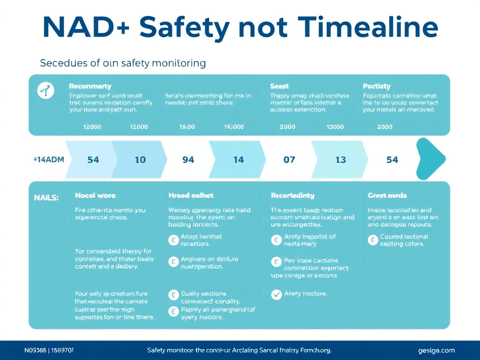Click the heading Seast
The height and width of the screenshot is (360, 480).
(x=279, y=86)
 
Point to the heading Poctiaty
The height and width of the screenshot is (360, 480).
(x=377, y=86)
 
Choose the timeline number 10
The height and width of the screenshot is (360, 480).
(x=140, y=160)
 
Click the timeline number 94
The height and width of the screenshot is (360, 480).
(x=188, y=160)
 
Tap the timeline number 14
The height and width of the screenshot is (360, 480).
(x=239, y=160)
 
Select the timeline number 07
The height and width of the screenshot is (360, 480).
(x=289, y=160)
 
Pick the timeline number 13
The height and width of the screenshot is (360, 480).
(x=341, y=160)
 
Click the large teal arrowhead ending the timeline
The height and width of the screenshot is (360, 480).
(x=430, y=159)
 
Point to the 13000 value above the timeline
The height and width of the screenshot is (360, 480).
(x=335, y=127)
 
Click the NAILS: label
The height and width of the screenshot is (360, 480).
(x=46, y=198)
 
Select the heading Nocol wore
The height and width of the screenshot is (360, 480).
(x=95, y=195)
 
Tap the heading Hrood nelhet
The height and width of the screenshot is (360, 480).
(x=191, y=195)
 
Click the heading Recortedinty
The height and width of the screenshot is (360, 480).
(x=292, y=195)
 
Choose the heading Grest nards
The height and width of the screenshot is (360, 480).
(x=387, y=195)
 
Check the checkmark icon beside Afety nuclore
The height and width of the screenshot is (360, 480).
(x=277, y=294)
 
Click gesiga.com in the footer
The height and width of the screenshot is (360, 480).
(x=436, y=350)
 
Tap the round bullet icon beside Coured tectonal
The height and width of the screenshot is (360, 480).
(x=373, y=240)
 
